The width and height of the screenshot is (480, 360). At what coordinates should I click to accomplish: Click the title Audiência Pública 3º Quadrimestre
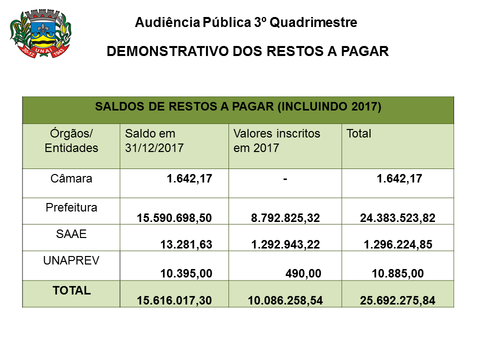(246, 22)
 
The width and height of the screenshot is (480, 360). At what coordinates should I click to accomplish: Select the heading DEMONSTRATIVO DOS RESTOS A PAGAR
(248, 51)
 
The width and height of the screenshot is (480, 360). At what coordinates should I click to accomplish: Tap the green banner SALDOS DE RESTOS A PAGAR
(238, 107)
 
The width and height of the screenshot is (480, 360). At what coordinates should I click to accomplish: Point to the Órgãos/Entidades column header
(71, 141)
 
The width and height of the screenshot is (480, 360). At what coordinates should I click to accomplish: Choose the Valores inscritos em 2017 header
(276, 141)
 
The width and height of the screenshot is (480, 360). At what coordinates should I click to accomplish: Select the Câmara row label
(71, 178)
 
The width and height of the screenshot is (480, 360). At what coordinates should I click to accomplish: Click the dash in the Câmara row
(284, 179)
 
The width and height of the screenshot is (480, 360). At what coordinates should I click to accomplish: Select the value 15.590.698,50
(174, 217)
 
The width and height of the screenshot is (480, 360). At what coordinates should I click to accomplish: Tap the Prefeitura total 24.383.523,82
(397, 217)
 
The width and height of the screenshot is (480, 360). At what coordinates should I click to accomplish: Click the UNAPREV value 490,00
(303, 272)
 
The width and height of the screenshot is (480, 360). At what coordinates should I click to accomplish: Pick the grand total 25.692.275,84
(397, 300)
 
